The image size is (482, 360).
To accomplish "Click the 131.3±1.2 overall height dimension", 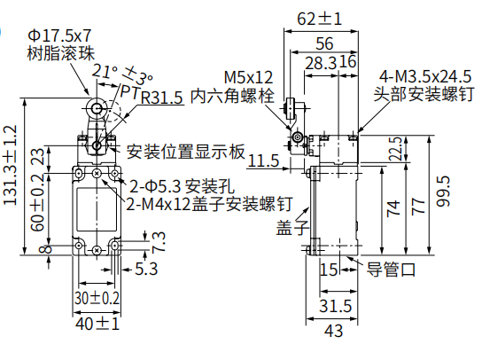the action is point(9,165).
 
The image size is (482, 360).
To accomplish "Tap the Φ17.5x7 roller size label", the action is point(59,36).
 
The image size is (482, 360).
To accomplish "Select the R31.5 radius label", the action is point(162,98).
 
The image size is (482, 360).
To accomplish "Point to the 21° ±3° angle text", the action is point(122,74).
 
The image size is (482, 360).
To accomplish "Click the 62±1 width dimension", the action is point(319,20).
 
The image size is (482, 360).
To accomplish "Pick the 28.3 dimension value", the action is point(321,63).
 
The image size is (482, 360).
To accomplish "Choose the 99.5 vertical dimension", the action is point(443,191).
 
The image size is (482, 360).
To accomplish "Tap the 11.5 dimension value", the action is point(263,160).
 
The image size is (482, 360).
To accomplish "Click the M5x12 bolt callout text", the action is point(248,77).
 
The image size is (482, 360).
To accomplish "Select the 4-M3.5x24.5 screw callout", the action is point(425,76).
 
